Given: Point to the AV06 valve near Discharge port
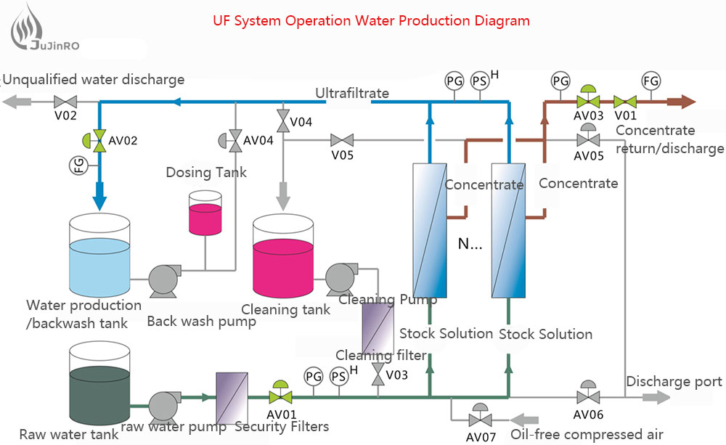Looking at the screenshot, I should [588, 396].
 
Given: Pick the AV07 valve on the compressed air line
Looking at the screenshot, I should [479, 419].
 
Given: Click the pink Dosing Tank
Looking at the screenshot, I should [205, 213].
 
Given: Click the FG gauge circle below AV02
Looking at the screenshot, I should [79, 166].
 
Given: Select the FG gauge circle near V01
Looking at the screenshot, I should [650, 81].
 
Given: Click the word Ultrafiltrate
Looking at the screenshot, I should [352, 93].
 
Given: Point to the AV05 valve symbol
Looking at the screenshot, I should [587, 138].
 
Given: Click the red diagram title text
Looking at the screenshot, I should [371, 20].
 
